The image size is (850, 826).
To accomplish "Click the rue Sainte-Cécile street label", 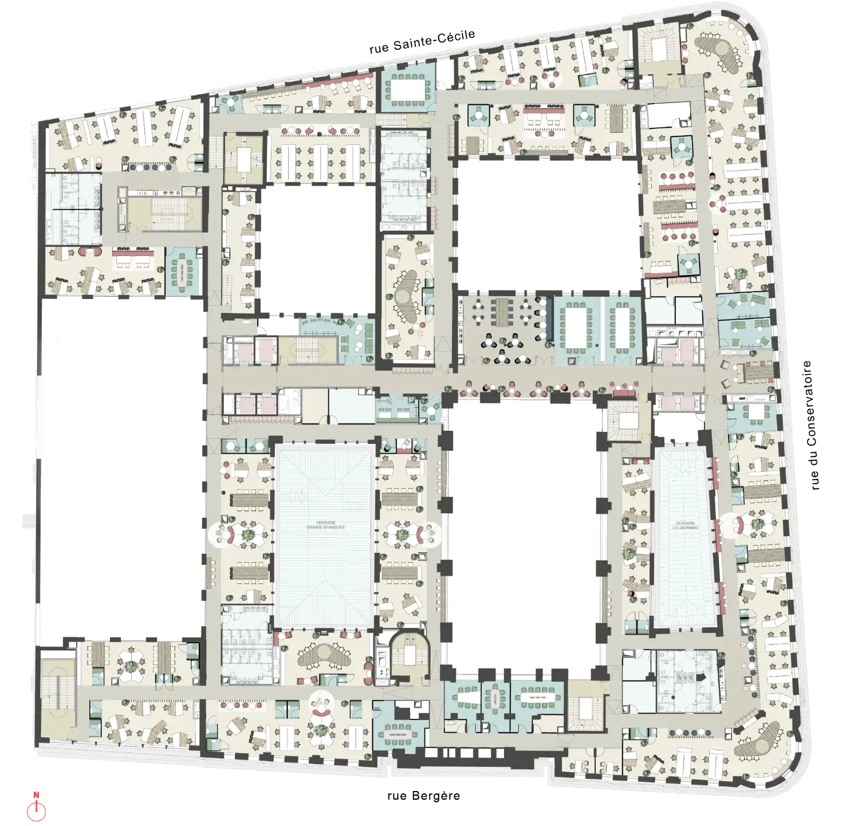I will coord(422,42).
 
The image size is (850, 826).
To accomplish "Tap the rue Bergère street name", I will coord(423,796).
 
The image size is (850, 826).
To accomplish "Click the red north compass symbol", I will coord(37,808).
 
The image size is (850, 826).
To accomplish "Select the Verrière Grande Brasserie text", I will coord(325,525).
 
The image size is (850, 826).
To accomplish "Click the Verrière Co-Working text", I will coord(685,525).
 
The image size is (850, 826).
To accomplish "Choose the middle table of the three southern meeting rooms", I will coord(494,698).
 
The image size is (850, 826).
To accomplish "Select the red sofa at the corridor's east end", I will coord(625,392).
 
